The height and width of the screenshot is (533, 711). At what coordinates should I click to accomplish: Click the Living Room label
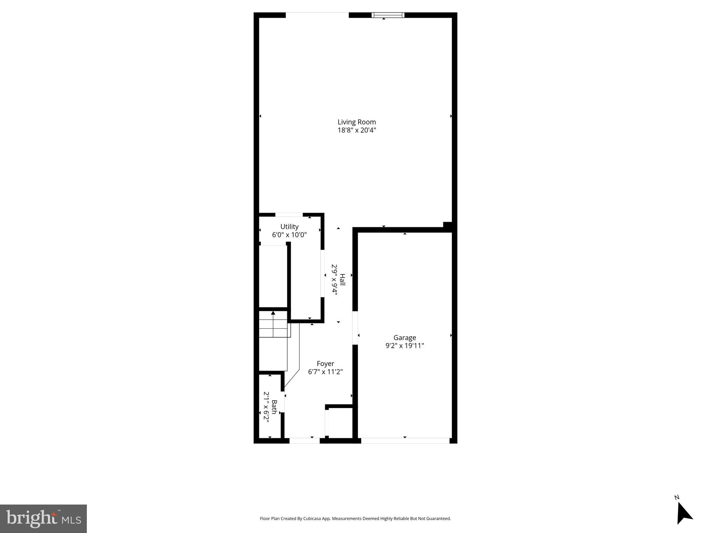(357, 122)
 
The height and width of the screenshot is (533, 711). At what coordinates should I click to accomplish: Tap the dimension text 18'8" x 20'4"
(357, 130)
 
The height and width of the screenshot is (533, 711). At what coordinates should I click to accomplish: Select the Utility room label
(289, 227)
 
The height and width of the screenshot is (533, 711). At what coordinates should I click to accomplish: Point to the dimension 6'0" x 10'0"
(289, 235)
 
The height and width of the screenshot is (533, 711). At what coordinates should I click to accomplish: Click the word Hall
(342, 280)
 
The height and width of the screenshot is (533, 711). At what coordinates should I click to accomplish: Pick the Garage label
(405, 338)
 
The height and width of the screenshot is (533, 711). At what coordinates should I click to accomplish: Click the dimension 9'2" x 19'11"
(405, 346)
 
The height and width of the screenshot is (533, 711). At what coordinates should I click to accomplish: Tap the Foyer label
(325, 364)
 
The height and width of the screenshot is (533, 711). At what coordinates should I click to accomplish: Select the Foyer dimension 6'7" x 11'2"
(325, 372)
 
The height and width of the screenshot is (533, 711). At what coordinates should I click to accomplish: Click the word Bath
(274, 407)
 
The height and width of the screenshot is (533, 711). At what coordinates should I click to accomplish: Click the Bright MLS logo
(43, 518)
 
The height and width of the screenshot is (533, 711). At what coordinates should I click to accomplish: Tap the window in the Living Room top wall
(388, 15)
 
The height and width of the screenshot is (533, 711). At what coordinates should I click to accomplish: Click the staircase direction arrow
(273, 313)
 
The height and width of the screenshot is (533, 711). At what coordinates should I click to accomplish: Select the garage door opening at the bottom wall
(405, 441)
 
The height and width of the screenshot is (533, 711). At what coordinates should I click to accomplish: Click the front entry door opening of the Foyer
(305, 441)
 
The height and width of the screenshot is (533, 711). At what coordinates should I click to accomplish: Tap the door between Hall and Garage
(355, 328)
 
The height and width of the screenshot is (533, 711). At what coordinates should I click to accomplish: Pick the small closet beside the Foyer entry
(340, 422)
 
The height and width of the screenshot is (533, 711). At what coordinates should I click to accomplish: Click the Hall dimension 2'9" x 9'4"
(334, 280)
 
